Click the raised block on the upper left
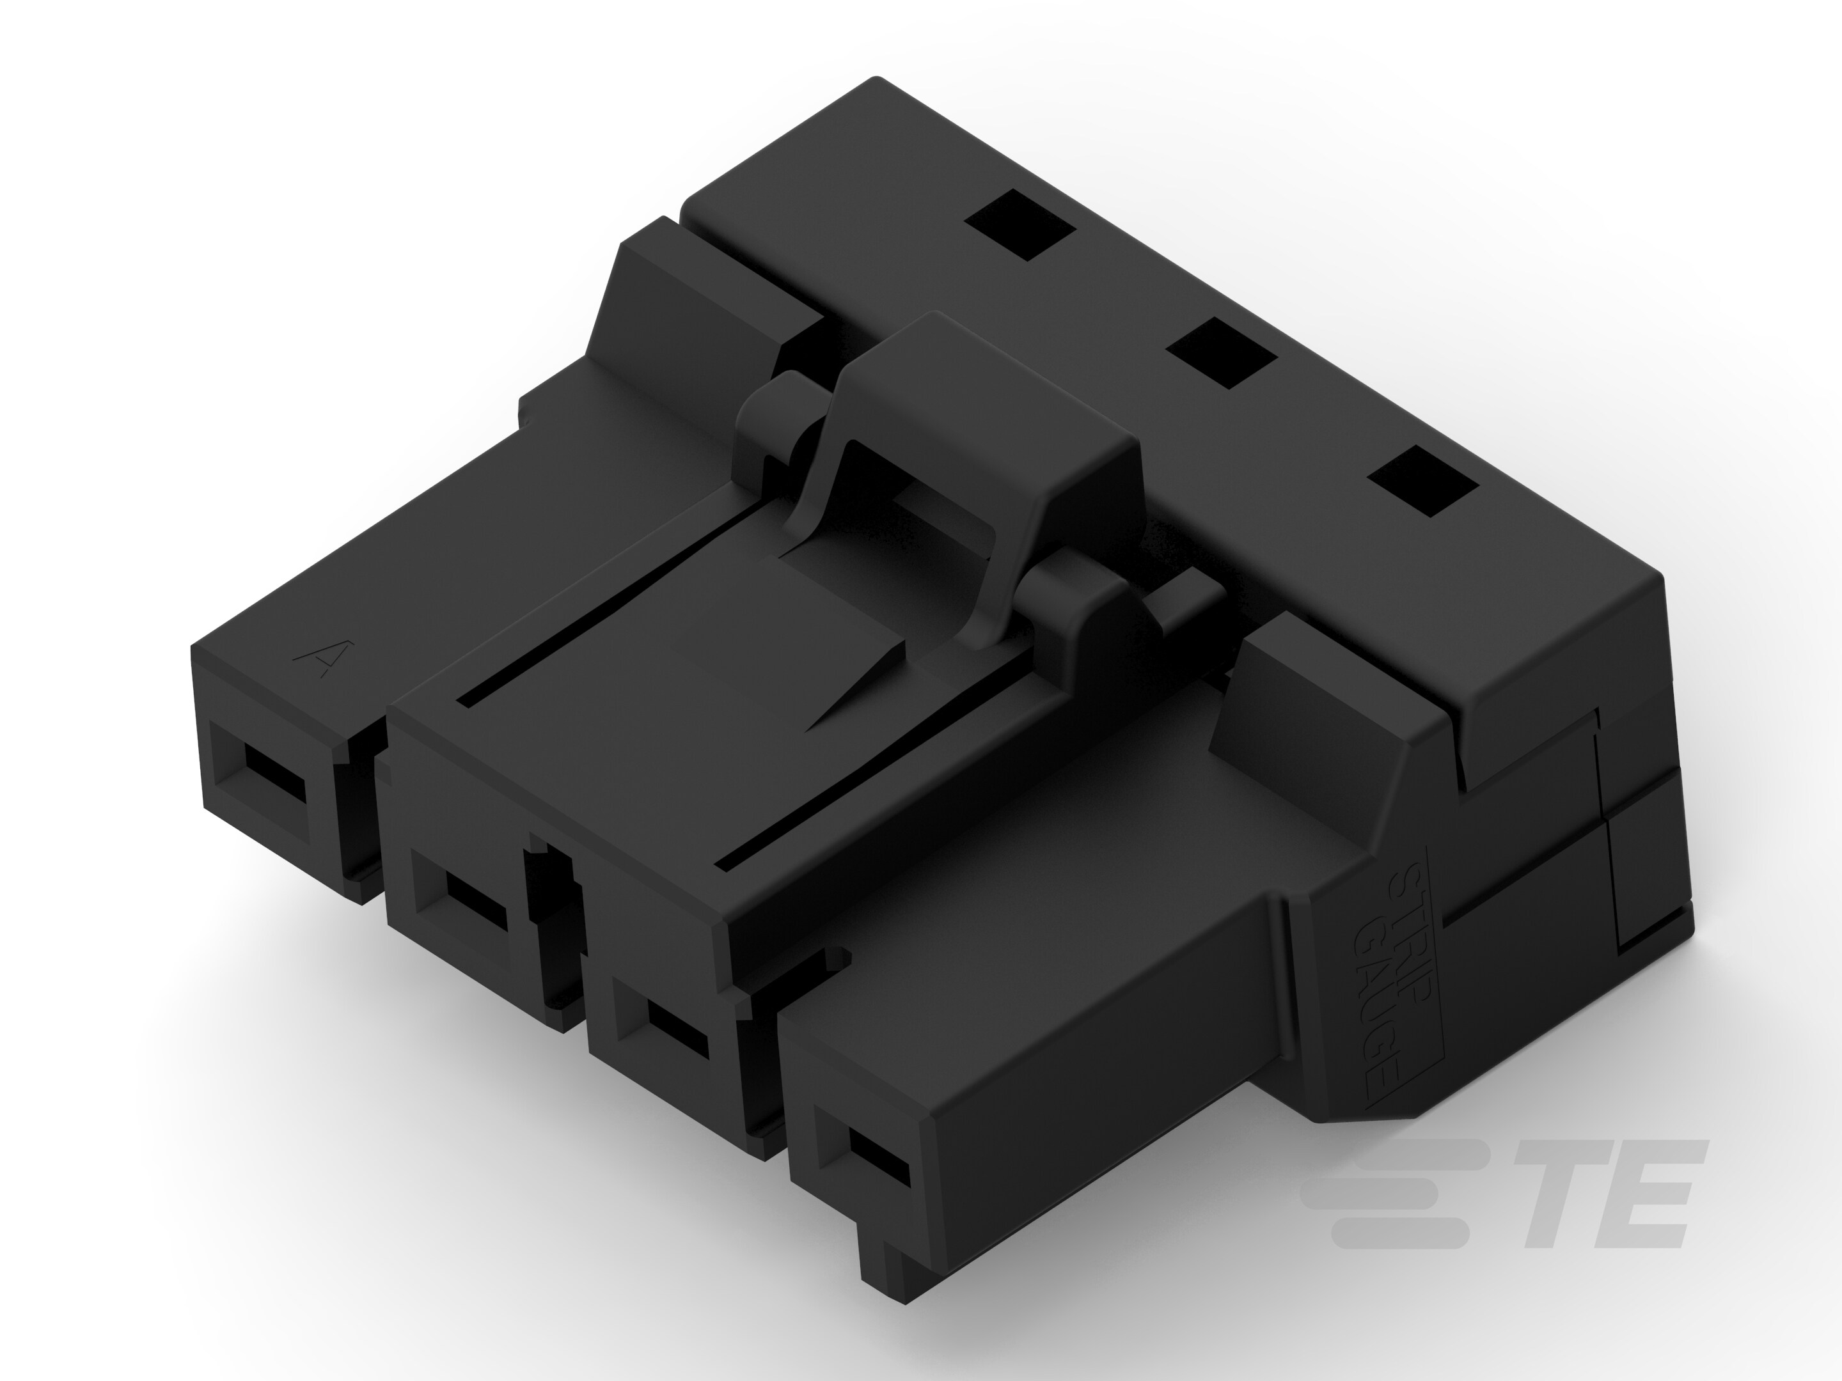(x=708, y=300)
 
